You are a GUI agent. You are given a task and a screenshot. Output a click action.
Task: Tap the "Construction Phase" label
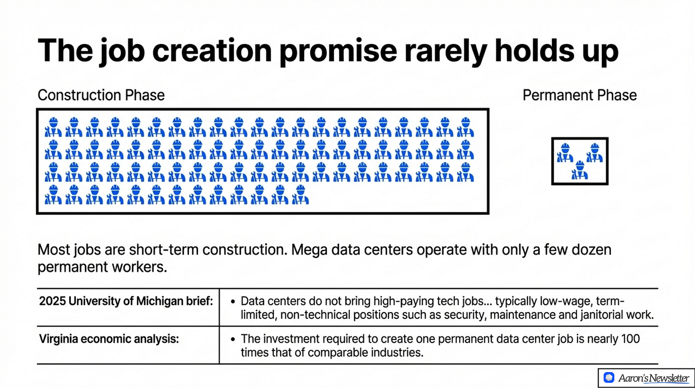pos(101,95)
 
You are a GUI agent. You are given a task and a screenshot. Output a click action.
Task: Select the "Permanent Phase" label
pos(579,95)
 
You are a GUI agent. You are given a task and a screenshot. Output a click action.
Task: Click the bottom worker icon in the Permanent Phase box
pos(580,170)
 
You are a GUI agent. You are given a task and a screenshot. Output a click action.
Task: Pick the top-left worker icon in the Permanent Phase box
pos(565,153)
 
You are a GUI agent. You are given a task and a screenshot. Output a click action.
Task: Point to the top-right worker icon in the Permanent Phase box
pos(595,153)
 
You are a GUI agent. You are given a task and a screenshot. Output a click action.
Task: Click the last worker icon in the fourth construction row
pos(301,195)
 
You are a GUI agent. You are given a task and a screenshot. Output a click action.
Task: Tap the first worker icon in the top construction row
pos(53,127)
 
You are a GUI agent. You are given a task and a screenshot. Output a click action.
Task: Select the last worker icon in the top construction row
pos(465,127)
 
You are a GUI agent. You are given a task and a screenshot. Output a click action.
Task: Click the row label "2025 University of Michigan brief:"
pos(126,302)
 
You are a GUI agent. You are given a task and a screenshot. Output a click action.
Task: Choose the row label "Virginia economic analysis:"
pos(109,339)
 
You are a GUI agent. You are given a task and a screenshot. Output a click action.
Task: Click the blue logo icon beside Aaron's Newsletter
pos(608,378)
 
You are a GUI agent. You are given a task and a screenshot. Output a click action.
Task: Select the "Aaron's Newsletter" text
pos(653,378)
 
